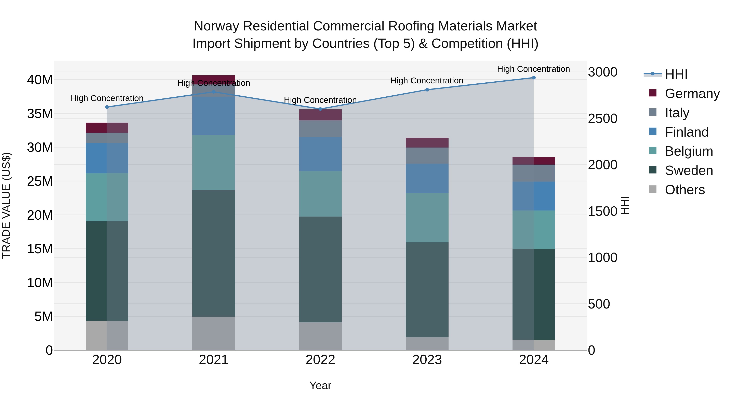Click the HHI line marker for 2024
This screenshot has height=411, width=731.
533,78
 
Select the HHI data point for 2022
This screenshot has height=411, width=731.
320,109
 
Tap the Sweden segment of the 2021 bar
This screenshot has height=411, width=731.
214,253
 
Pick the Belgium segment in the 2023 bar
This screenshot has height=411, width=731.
427,218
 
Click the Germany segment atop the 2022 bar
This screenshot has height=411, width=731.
320,115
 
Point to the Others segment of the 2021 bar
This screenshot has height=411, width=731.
214,333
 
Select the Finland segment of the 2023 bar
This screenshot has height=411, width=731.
427,178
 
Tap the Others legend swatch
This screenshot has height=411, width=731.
653,189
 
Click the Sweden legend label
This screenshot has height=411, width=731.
689,170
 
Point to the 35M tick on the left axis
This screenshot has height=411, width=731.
40,114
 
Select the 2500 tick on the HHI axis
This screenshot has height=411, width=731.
602,119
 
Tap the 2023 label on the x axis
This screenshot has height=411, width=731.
427,360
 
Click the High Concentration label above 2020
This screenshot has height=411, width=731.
107,98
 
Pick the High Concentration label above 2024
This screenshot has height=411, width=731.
533,69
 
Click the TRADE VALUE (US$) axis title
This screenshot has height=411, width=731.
6,205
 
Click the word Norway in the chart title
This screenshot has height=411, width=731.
216,26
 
